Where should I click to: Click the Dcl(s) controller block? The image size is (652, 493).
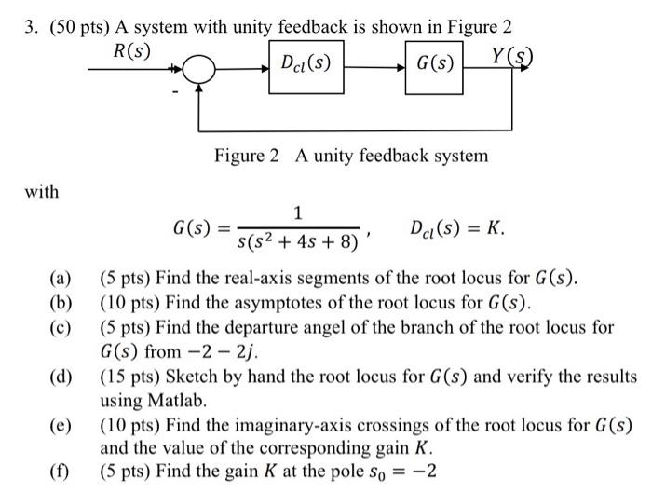[x=306, y=64]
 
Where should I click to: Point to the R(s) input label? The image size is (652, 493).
[x=131, y=49]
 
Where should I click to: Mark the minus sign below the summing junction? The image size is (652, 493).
[x=173, y=91]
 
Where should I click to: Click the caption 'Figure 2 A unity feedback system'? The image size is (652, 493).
[x=350, y=156]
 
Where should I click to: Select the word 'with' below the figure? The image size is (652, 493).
[x=41, y=192]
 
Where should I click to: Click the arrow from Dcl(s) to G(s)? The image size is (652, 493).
[x=376, y=66]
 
